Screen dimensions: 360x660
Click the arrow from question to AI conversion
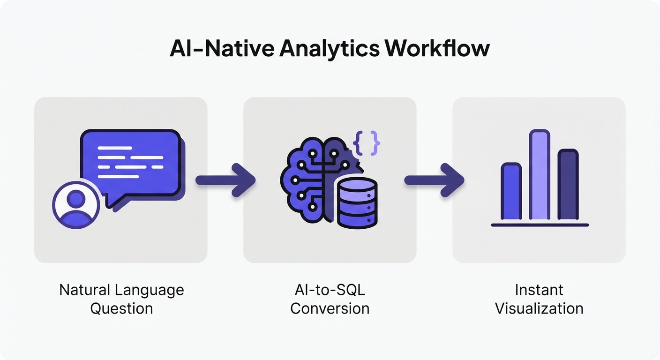(x=225, y=180)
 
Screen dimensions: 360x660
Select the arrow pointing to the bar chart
(x=434, y=180)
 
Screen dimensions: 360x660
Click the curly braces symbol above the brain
(x=366, y=142)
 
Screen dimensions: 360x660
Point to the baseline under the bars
(x=540, y=225)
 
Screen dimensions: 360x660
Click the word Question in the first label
(x=121, y=308)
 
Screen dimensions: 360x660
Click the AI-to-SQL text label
(x=330, y=290)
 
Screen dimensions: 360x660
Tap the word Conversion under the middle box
(x=330, y=308)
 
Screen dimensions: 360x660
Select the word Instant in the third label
(x=539, y=290)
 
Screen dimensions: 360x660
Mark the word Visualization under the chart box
(x=539, y=308)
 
